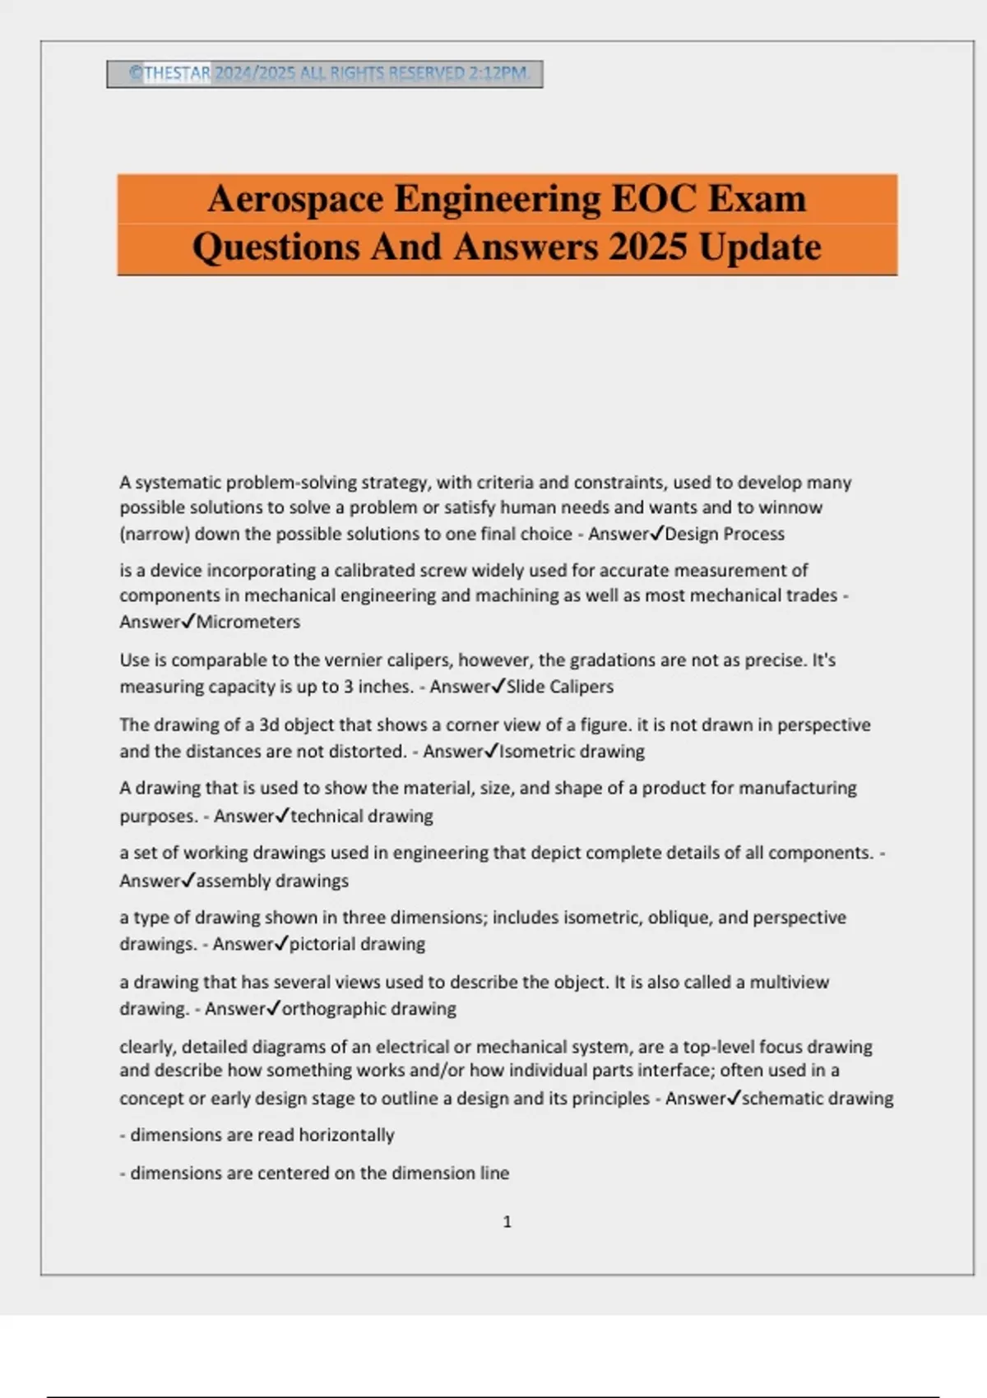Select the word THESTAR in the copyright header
178,73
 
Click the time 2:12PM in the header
498,73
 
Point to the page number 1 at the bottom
507,1222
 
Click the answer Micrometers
248,623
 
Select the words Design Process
725,535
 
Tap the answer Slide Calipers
560,687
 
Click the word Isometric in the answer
538,752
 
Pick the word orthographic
334,1009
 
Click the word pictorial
322,944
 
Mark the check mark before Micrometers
188,622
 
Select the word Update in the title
760,247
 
